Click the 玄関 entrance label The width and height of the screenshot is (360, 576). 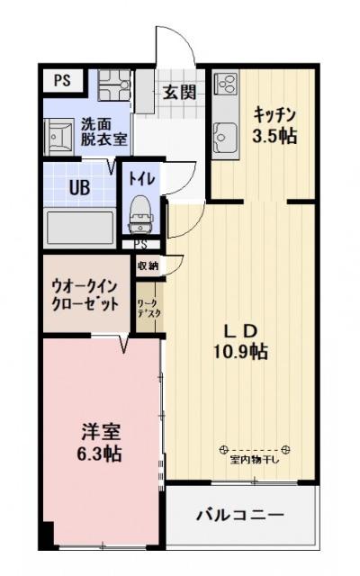(x=179, y=92)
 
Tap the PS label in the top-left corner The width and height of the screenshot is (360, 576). (x=61, y=80)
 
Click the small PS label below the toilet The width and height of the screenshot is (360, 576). (x=141, y=244)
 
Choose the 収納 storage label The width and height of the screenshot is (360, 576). (x=148, y=265)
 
